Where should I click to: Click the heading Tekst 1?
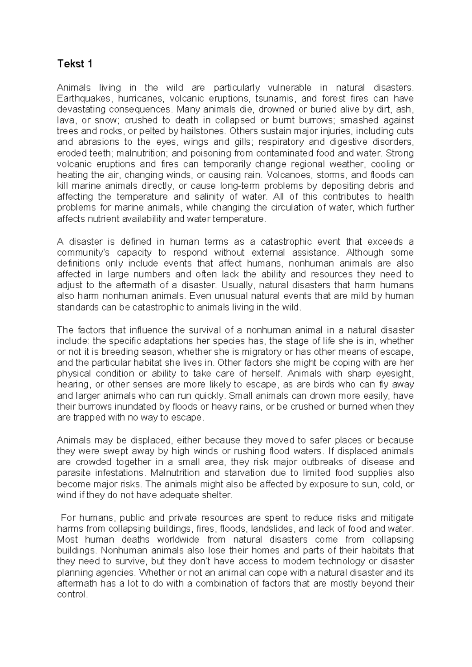[x=75, y=64]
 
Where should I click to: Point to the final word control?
[x=72, y=594]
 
